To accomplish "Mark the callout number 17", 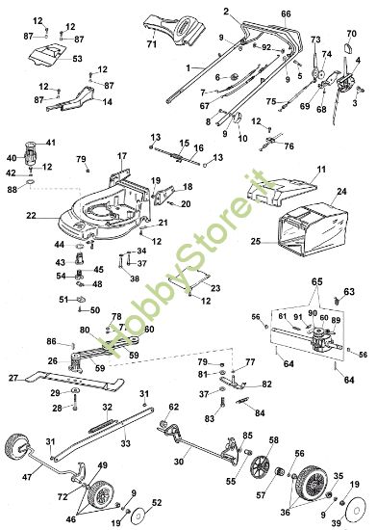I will click(122, 155).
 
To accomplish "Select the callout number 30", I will click(175, 461).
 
